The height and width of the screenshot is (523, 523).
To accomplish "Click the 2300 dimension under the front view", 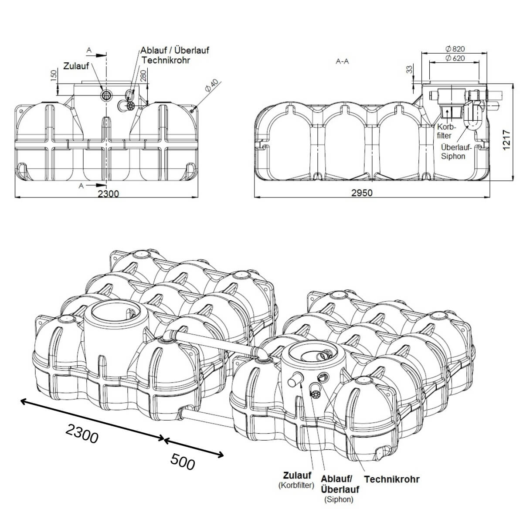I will point(108,193).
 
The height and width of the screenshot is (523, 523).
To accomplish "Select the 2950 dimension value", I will point(362,193).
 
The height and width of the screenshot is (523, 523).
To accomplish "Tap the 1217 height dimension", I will point(506,140).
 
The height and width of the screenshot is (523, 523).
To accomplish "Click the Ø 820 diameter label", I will point(455,49).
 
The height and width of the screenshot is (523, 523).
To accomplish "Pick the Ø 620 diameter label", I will point(455,58).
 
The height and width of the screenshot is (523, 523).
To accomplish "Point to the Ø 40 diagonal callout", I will point(213,86).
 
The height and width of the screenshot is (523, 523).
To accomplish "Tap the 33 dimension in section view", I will point(409,70).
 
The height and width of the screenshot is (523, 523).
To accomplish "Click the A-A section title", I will point(343,61).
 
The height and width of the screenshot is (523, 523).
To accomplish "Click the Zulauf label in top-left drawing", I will point(76,66).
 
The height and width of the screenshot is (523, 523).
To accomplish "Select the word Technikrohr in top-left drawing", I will point(166,60).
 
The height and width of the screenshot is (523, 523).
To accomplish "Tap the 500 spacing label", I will point(182,462).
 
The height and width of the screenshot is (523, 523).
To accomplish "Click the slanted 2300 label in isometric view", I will point(82,433).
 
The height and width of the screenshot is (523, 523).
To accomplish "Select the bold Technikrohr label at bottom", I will point(391,479).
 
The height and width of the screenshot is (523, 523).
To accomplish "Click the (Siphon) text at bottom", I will point(339,500).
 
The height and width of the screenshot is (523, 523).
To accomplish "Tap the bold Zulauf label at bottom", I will point(297,475).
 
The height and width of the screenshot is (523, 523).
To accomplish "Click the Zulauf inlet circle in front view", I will point(106,95).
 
